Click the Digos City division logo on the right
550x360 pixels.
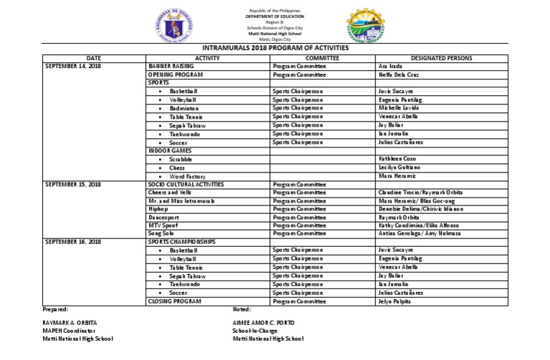(x=370, y=26)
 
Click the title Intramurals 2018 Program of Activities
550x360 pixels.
(x=274, y=48)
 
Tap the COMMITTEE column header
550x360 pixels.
(x=322, y=57)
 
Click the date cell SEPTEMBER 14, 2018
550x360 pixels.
(x=74, y=66)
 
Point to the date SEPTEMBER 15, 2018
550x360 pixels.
(x=74, y=185)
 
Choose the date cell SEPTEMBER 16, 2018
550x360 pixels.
(x=74, y=242)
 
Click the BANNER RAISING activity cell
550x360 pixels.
(x=171, y=66)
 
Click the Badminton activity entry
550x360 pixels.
(x=184, y=108)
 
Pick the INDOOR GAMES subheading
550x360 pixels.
(x=170, y=151)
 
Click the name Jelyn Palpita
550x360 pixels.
(x=395, y=301)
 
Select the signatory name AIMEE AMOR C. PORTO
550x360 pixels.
(x=264, y=323)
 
